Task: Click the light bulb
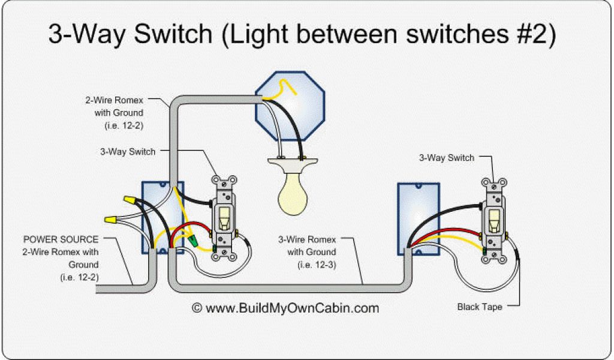294,191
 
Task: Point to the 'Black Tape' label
480,307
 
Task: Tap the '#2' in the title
527,34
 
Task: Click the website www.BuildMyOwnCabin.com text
292,308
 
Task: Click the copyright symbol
197,308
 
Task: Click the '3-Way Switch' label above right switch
447,158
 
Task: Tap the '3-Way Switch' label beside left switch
128,152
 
